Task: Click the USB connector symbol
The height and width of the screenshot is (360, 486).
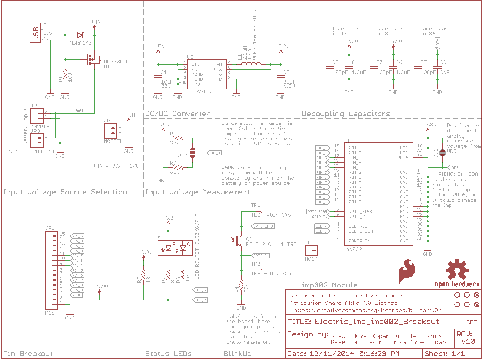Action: point(36,32)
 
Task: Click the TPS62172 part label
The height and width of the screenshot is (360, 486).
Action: point(200,92)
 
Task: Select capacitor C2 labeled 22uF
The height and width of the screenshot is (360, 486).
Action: point(280,77)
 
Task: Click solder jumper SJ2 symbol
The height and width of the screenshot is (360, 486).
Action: point(192,153)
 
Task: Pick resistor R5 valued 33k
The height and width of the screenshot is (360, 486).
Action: point(178,138)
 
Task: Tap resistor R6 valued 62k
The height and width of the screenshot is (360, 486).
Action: point(178,167)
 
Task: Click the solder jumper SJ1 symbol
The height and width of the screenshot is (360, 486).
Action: point(442,153)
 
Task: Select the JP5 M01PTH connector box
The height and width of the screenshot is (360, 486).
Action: point(311,251)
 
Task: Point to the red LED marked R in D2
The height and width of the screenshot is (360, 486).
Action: point(168,248)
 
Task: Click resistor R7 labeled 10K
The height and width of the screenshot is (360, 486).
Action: point(143,276)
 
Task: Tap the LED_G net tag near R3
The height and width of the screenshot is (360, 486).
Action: point(200,290)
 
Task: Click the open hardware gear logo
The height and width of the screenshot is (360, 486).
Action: point(457,270)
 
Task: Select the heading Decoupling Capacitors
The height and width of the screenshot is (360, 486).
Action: point(346,114)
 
